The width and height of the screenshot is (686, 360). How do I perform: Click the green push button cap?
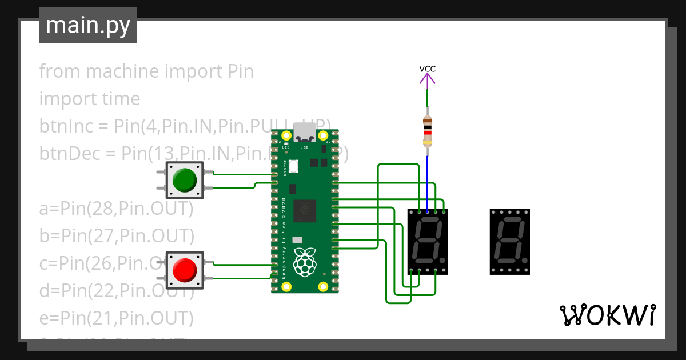185,180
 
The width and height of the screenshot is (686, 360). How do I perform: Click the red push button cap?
185,269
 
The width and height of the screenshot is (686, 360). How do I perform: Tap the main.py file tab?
88,25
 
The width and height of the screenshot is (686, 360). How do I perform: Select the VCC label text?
427,69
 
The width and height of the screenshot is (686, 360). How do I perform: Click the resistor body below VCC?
427,131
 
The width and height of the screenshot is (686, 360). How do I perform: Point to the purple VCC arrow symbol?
427,80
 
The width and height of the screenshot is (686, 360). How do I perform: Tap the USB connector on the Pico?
305,135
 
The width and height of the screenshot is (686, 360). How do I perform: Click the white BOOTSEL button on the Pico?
294,166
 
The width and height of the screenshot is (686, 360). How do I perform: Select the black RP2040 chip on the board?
304,211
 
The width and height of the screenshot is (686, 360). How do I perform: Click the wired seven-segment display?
427,242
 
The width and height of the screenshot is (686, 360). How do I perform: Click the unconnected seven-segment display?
509,242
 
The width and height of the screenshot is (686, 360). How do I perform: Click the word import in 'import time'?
62,99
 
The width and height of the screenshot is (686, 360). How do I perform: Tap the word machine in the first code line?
122,71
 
